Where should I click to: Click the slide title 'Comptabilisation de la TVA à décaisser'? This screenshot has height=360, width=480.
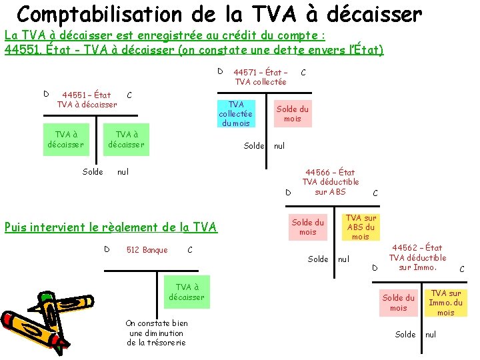click(x=219, y=14)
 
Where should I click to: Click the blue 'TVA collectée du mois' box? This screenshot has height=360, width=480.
click(x=235, y=113)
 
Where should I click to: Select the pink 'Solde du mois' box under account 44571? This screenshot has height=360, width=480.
click(x=292, y=113)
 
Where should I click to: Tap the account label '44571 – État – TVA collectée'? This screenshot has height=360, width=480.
click(x=260, y=77)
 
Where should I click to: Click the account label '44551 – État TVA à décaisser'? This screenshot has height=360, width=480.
click(x=87, y=99)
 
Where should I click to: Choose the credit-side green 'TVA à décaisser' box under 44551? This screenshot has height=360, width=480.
click(x=127, y=139)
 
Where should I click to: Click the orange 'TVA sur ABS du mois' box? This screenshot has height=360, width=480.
click(x=360, y=227)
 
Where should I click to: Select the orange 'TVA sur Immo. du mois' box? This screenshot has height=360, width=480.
click(x=445, y=303)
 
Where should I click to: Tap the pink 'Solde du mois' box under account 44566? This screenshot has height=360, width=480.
click(x=307, y=227)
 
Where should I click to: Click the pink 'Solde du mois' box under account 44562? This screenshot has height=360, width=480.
click(x=398, y=303)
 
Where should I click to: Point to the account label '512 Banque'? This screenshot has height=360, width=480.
click(x=147, y=250)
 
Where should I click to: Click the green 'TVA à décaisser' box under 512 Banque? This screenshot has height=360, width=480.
click(x=187, y=292)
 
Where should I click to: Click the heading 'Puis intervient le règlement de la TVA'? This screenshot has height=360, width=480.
click(x=111, y=227)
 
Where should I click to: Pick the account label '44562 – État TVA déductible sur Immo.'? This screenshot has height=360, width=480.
click(x=417, y=257)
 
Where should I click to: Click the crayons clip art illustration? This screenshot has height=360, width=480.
click(x=40, y=320)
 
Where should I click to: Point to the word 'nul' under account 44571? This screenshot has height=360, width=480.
click(x=279, y=146)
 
